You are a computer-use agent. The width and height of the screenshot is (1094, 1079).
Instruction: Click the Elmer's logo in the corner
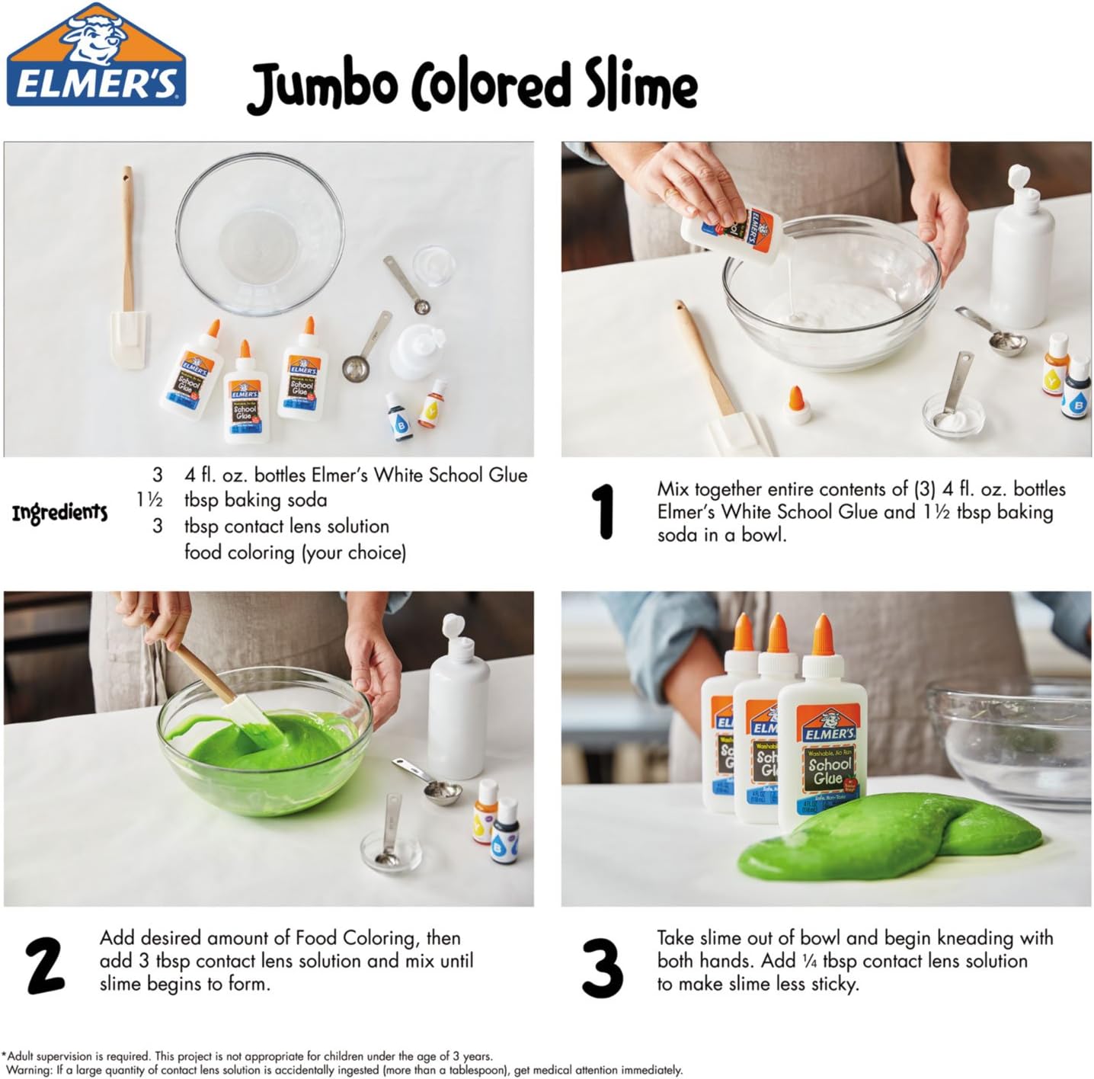pos(96,55)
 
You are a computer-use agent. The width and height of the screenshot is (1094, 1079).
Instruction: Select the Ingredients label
pos(59,513)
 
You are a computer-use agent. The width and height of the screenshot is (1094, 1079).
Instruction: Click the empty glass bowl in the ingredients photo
pos(260,233)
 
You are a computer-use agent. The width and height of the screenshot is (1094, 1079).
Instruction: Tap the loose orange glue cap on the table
pos(796,405)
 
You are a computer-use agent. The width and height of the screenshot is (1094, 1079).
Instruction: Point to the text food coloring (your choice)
pos(296,552)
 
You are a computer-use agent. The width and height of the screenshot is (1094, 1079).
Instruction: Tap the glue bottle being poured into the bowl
pos(732,234)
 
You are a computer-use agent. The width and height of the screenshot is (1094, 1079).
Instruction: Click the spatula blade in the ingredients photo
pos(128,339)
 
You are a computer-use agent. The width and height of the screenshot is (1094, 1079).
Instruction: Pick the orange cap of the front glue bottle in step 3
pos(822,635)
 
